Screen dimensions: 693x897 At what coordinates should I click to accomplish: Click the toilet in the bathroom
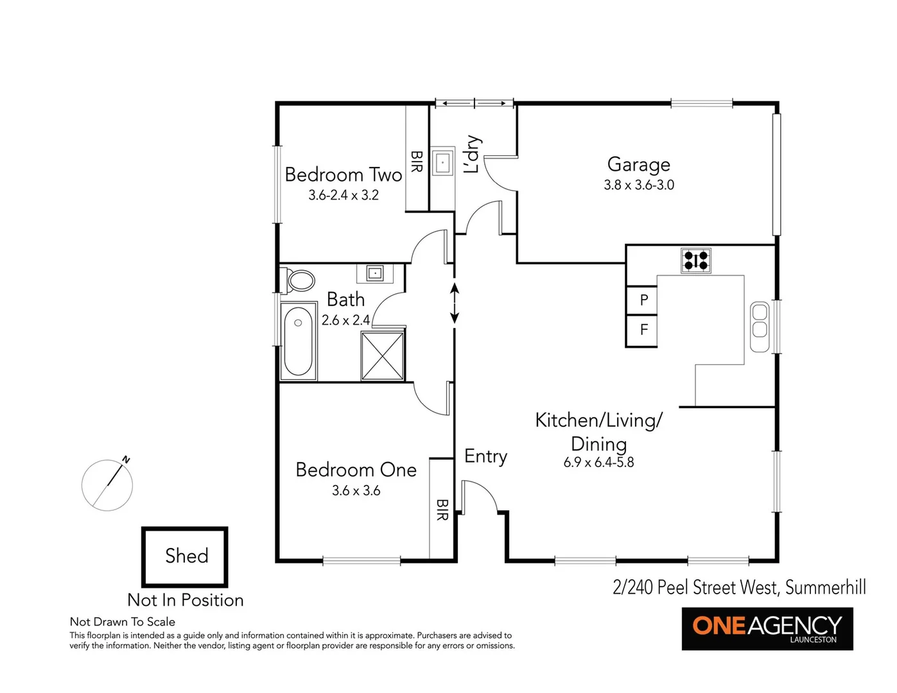pyautogui.click(x=299, y=280)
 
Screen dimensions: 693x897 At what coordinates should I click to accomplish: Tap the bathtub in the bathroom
pyautogui.click(x=298, y=341)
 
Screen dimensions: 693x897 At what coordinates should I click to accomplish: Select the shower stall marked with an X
pyautogui.click(x=383, y=356)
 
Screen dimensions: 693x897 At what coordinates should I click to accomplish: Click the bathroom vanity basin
pyautogui.click(x=375, y=273)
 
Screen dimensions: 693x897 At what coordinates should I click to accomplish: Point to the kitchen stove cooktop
pyautogui.click(x=696, y=261)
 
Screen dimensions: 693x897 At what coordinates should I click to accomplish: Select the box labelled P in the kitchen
pyautogui.click(x=643, y=300)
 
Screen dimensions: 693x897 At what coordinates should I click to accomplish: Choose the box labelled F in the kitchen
pyautogui.click(x=643, y=330)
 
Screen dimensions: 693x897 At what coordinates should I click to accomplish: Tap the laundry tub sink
pyautogui.click(x=442, y=162)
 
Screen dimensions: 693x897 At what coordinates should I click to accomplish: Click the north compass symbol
pyautogui.click(x=107, y=484)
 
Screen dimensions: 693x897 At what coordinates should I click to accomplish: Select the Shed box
pyautogui.click(x=186, y=556)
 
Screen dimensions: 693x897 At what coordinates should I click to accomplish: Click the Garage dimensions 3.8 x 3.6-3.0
pyautogui.click(x=639, y=185)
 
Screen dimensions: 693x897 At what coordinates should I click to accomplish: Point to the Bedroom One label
pyautogui.click(x=356, y=470)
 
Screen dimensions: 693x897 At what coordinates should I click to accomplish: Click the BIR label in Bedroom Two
pyautogui.click(x=417, y=162)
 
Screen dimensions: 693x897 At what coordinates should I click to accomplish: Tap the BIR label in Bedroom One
pyautogui.click(x=442, y=509)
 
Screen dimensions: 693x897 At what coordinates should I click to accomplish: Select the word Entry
pyautogui.click(x=485, y=456)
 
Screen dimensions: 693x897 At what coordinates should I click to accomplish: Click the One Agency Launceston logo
pyautogui.click(x=767, y=628)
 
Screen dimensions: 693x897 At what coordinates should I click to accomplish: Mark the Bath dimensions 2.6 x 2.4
pyautogui.click(x=345, y=320)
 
